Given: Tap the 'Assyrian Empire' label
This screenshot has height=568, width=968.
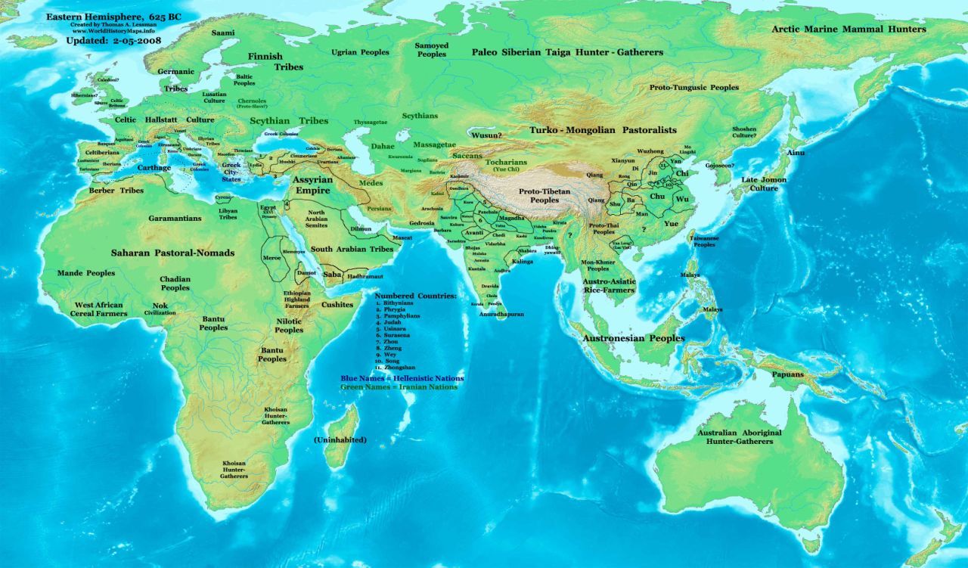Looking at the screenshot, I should click(x=312, y=186).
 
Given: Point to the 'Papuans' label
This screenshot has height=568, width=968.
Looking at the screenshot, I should click(x=787, y=374).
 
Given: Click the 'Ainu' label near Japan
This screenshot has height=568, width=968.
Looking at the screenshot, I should click(x=796, y=153).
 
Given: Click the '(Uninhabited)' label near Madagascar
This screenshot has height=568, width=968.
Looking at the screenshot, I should click(x=340, y=439).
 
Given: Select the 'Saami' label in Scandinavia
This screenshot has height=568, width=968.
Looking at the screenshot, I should click(x=222, y=33).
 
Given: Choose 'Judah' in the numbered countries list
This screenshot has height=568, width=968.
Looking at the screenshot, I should click(x=392, y=323).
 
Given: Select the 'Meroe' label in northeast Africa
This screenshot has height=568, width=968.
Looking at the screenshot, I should click(x=271, y=258).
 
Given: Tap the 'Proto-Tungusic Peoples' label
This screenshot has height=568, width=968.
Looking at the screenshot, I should click(x=693, y=88).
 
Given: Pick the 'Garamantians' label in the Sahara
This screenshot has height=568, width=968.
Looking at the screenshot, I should click(x=175, y=218).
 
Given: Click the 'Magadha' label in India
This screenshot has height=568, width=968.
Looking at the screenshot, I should click(x=511, y=218).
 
